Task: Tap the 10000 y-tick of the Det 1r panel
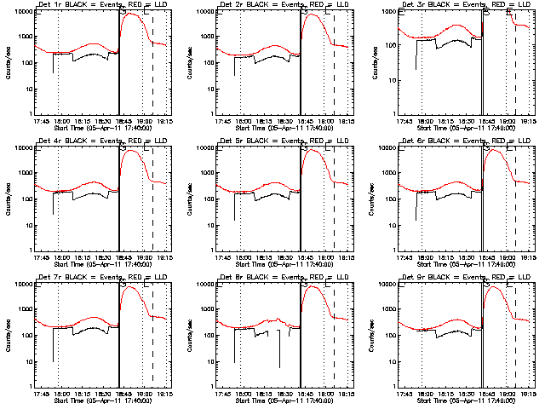[x=23, y=12]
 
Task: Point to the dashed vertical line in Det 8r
[x=335, y=341]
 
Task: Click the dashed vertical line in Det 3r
[x=516, y=68]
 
